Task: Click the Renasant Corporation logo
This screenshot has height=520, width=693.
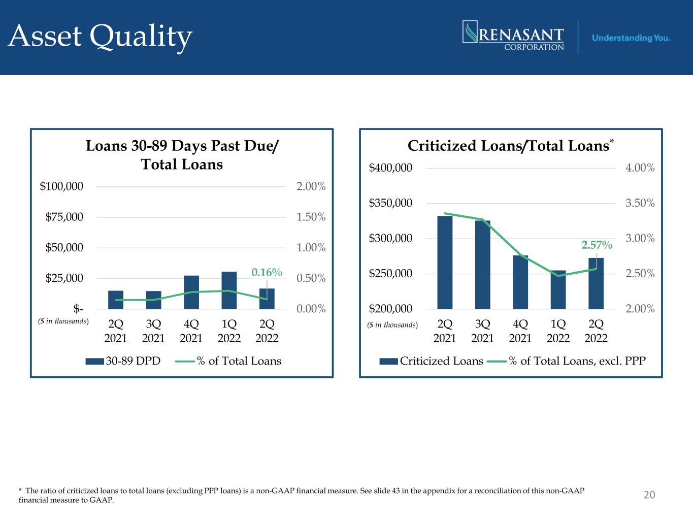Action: [x=513, y=36]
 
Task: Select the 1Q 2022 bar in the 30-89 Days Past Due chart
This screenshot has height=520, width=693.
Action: [x=229, y=290]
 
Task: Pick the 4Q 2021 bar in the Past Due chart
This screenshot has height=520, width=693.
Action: [x=191, y=292]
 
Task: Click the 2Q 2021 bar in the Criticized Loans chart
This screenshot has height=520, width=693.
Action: [x=445, y=263]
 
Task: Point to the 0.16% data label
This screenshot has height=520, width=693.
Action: [x=267, y=273]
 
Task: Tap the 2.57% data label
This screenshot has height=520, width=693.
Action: [x=597, y=245]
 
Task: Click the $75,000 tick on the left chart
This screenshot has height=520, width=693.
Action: [x=64, y=217]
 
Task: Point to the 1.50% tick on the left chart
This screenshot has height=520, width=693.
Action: [x=311, y=217]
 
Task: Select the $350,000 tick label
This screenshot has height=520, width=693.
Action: [x=390, y=203]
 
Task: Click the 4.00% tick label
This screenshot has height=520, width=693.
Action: [x=640, y=168]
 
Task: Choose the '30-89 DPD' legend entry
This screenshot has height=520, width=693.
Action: [x=123, y=361]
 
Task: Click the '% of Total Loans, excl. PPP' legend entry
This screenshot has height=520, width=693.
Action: [x=566, y=361]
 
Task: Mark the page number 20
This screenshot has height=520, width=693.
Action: [x=649, y=495]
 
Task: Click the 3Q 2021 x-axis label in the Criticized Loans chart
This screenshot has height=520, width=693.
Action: [x=482, y=331]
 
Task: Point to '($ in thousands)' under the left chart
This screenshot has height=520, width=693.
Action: [x=64, y=321]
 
